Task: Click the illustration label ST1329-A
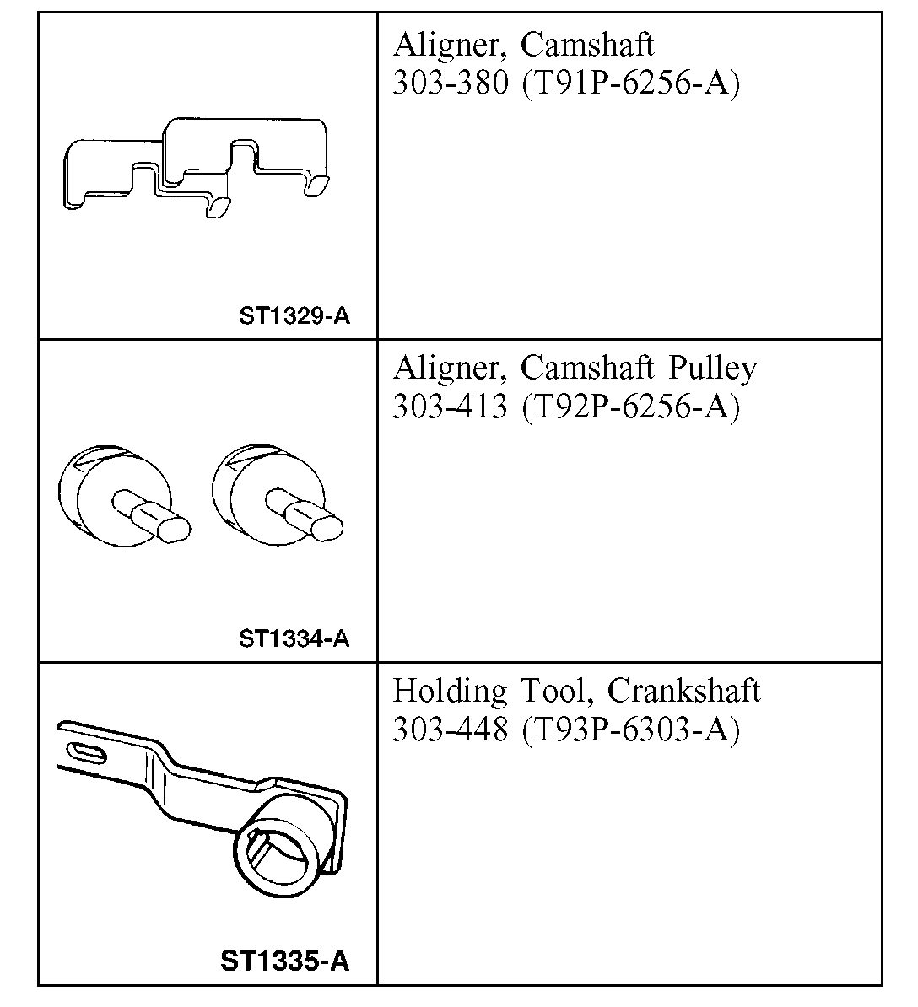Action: click(x=294, y=316)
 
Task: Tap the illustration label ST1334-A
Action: click(x=294, y=638)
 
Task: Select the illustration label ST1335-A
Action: click(x=284, y=961)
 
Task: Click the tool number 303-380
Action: click(x=451, y=83)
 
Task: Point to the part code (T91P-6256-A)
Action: click(x=630, y=83)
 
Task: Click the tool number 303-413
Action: click(x=451, y=407)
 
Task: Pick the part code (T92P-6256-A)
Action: click(x=630, y=407)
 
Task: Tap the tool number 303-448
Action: click(x=451, y=730)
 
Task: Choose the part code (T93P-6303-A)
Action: click(x=630, y=730)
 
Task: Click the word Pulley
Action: click(x=713, y=369)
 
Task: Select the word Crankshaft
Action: click(x=683, y=692)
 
